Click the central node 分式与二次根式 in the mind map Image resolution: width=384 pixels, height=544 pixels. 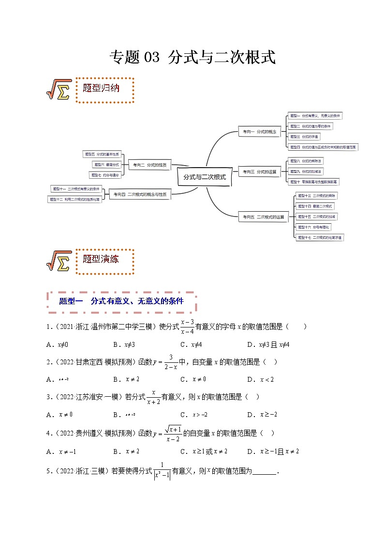205,177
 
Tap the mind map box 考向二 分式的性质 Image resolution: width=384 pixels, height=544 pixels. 149,165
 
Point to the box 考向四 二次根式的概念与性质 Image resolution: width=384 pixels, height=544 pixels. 140,194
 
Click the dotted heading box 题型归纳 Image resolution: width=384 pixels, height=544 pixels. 104,89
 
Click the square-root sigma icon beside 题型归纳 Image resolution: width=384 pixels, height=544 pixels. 59,90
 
